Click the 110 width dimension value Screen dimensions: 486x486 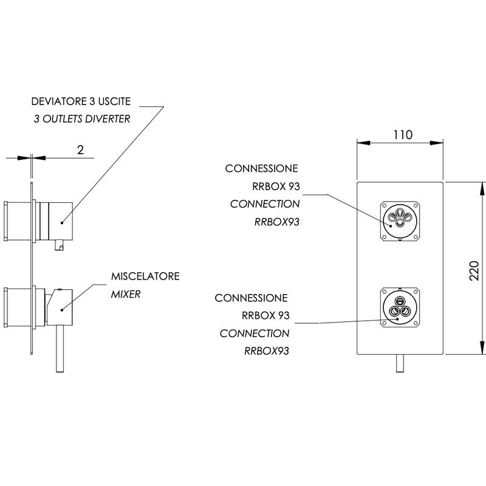point(403,135)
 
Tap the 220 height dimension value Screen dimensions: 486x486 point(474,271)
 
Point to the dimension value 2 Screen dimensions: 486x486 point(80,150)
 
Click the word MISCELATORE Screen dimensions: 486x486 point(145,276)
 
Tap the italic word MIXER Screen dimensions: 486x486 point(126,294)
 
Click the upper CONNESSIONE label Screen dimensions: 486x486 point(262,168)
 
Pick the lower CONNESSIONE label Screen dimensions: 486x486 point(251,298)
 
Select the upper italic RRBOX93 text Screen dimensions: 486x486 point(277,222)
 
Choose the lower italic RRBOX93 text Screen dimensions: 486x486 point(267,351)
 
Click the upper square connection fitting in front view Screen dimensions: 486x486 point(400,221)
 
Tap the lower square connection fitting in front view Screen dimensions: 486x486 point(400,307)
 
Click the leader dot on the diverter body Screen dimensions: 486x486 point(62,222)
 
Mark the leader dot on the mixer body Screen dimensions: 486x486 point(62,310)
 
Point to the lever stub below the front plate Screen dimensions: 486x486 point(400,363)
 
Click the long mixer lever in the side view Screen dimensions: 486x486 point(60,349)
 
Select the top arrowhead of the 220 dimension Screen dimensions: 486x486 point(482,189)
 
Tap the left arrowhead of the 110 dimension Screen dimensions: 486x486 point(363,143)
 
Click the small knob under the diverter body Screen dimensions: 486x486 point(59,245)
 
